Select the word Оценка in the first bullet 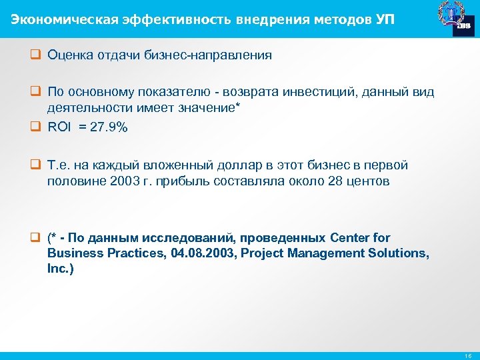click(x=69, y=55)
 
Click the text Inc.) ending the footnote click(x=61, y=269)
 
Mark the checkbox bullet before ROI click(x=39, y=127)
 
